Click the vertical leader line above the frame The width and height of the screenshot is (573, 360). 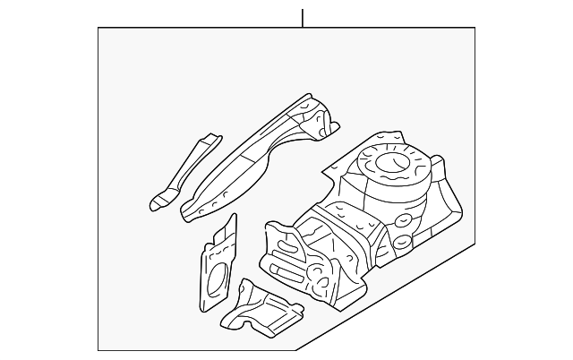pyautogui.click(x=303, y=17)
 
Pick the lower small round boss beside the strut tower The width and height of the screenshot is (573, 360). pyautogui.click(x=399, y=242)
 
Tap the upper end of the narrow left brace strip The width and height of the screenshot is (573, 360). pyautogui.click(x=210, y=138)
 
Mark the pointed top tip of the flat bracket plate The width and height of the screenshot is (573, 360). pyautogui.click(x=235, y=218)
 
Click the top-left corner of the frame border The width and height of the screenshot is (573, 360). pyautogui.click(x=98, y=28)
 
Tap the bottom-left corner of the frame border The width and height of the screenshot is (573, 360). pyautogui.click(x=98, y=350)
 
